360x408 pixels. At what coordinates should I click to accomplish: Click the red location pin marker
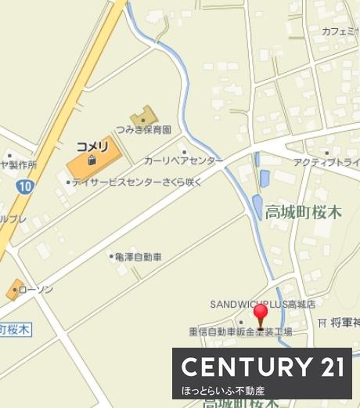pos(261,315)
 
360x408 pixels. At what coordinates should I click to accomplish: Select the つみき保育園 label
pos(142,130)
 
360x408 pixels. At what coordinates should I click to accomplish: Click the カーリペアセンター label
pos(182,160)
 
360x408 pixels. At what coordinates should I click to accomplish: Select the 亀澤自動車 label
pos(138,256)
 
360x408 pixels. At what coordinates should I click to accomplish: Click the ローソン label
pos(36,289)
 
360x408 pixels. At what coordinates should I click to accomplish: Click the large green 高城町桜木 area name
pos(303,211)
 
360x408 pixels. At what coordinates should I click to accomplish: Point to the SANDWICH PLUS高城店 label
pos(262,304)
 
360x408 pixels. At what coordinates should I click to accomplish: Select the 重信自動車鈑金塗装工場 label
pos(239,332)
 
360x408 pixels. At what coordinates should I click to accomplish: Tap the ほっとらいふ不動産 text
pos(223,390)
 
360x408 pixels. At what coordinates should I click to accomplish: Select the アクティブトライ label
pos(326,162)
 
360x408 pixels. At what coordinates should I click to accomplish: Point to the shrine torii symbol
pos(322,322)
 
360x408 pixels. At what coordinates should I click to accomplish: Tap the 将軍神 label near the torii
pos(344,322)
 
